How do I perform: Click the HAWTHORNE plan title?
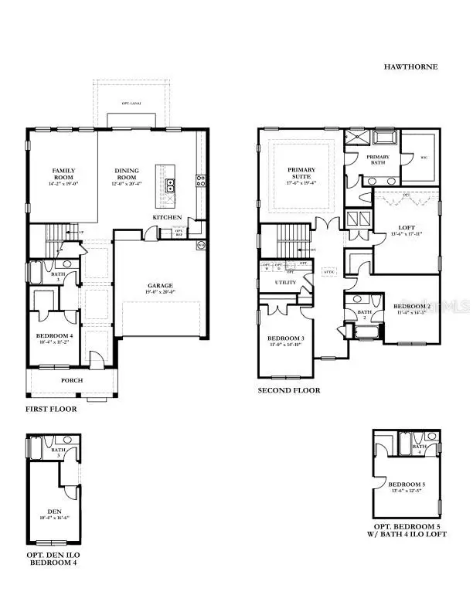pos(410,67)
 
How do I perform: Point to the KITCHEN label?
pos(167,218)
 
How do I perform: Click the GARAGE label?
pos(160,285)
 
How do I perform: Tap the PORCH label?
pos(72,380)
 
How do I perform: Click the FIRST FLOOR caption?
pos(51,409)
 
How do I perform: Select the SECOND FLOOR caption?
pos(289,391)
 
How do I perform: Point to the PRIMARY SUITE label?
pos(301,173)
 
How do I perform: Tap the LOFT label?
pos(407,227)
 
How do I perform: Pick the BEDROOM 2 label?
pos(410,306)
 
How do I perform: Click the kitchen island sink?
pos(168,184)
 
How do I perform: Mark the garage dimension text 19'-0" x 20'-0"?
pos(160,292)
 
